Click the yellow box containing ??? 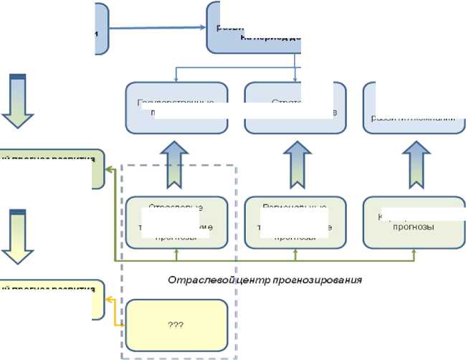pos(177,324)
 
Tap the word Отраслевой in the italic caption pos(191,280)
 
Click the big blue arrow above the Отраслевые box pos(177,163)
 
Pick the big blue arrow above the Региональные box pos(295,163)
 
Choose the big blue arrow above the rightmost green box pos(414,163)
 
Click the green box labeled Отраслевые pos(177,222)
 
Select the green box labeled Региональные pos(295,222)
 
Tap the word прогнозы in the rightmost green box pos(414,227)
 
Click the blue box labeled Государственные pos(177,108)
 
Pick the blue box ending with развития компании pos(414,108)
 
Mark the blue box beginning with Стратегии pos(295,108)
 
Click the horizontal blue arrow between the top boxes pos(158,28)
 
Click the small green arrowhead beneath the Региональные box pos(295,252)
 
